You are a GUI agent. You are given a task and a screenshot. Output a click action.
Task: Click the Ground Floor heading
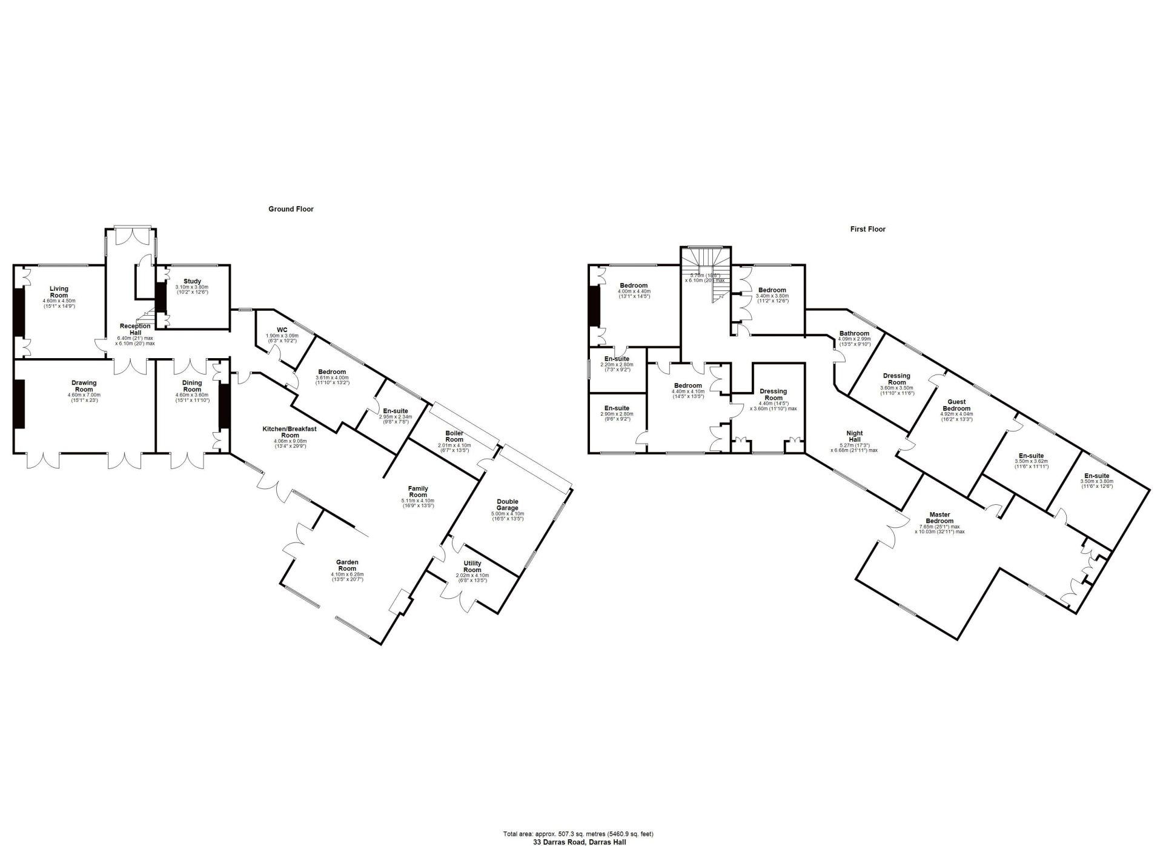coord(291,209)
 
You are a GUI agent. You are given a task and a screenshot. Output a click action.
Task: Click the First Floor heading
coord(867,229)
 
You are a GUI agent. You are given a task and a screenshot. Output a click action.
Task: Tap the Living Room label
coord(59,292)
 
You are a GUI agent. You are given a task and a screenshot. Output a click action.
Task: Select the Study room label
coord(192,281)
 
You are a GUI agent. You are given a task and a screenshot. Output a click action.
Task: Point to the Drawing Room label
coord(84,386)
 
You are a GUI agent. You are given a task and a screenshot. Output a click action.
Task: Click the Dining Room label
coord(192,386)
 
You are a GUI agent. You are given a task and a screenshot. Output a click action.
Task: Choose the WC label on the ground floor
coord(282,330)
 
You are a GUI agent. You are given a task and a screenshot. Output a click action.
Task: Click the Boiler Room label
coord(454,436)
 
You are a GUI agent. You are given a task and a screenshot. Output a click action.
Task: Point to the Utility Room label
coord(472,567)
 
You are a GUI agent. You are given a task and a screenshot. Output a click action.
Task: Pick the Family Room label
coord(418,491)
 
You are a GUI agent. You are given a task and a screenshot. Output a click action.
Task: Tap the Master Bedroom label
coord(939,518)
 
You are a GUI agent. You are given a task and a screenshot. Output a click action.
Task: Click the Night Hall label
coord(855,436)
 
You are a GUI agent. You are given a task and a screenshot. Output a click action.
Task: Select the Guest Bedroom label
coord(956,405)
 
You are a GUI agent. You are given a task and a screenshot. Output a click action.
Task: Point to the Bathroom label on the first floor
coord(854,333)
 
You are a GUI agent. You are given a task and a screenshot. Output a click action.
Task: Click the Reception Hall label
coord(135,330)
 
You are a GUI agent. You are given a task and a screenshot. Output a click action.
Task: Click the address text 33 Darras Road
coord(579,842)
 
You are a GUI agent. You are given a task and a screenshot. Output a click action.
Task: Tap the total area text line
coord(578,834)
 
